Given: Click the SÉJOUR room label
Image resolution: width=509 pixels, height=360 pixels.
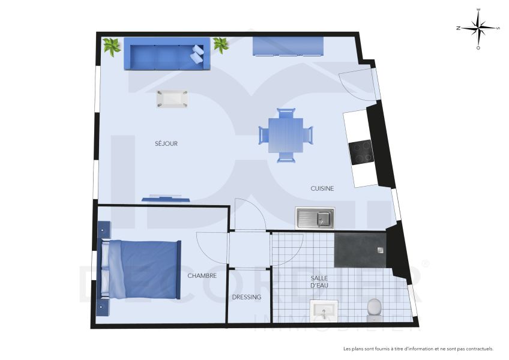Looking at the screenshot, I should coord(166,143).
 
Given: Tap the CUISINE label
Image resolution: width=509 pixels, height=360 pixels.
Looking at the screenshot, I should coord(322,188).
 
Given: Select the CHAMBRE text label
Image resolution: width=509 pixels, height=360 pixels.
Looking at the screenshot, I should coord(202,276).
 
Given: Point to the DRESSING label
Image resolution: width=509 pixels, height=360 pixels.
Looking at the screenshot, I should coord(247,297).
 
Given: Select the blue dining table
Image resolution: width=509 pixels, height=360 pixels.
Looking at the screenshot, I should coord(286,135).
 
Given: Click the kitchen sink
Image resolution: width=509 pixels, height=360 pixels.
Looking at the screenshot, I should coord(315,218).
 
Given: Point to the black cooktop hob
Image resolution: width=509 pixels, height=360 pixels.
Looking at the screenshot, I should coord(361,152).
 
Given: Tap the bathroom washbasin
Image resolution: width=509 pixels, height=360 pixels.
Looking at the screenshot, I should coord(324,312).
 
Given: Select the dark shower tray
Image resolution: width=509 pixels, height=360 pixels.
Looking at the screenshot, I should coord(360,249).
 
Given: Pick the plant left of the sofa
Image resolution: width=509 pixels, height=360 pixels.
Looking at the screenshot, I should coord(112,46).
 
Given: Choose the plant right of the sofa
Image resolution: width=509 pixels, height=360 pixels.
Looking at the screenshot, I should coord(220,45).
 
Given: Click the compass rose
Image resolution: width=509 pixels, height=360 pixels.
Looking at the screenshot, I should coord(478,28).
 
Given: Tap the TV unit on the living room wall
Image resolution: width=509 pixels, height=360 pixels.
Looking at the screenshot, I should coord(166,198).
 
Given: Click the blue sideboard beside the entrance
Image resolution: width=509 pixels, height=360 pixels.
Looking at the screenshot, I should coord(288,47).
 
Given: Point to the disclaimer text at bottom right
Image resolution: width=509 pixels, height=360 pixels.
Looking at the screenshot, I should coord(418,349).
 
